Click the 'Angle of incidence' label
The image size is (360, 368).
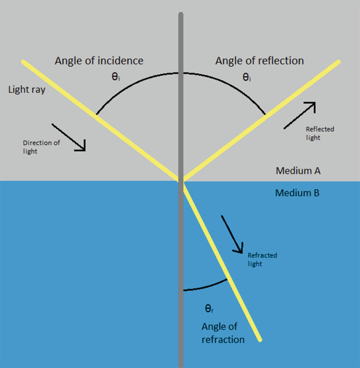click(99, 61)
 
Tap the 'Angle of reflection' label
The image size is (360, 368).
click(260, 61)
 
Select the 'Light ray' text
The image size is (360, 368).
click(26, 89)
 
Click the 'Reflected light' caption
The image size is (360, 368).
click(320, 133)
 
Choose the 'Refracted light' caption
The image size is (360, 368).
click(262, 259)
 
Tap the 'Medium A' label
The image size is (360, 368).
click(299, 171)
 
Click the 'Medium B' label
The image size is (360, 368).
click(297, 193)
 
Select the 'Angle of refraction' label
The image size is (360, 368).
click(223, 333)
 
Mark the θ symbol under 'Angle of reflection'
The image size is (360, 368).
click(246, 78)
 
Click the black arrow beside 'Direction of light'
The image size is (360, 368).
click(69, 137)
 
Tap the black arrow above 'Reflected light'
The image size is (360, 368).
click(300, 115)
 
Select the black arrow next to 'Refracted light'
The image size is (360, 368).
click(232, 234)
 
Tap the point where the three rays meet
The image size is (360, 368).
click(182, 182)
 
